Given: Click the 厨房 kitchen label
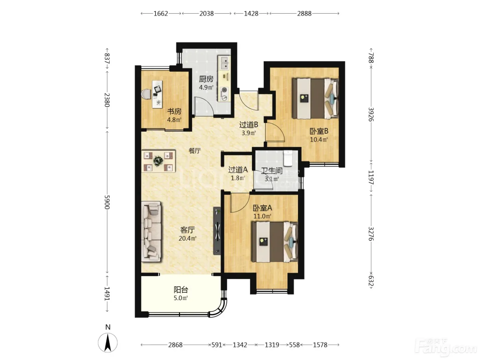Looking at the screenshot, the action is click(206, 79).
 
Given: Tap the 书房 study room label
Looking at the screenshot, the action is click(174, 111).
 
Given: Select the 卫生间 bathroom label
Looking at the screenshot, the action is click(272, 171).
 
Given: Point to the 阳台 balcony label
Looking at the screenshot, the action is click(181, 290).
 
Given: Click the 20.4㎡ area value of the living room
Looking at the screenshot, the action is click(188, 238).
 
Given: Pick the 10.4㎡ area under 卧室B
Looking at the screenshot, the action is click(319, 140).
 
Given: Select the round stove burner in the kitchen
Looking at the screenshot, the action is click(224, 90).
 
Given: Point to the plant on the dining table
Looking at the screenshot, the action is click(158, 161).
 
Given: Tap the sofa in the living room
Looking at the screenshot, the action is click(151, 231).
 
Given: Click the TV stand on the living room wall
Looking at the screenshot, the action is click(217, 231).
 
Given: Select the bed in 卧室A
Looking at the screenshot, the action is click(275, 242).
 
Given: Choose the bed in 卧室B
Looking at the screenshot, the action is click(315, 99).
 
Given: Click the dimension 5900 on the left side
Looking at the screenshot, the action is click(107, 202).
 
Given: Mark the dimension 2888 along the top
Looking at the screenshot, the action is click(304, 14).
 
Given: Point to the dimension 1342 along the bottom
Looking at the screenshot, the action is click(240, 345).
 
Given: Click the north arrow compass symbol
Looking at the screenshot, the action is click(108, 343).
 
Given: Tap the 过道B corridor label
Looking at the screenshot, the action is click(249, 124).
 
